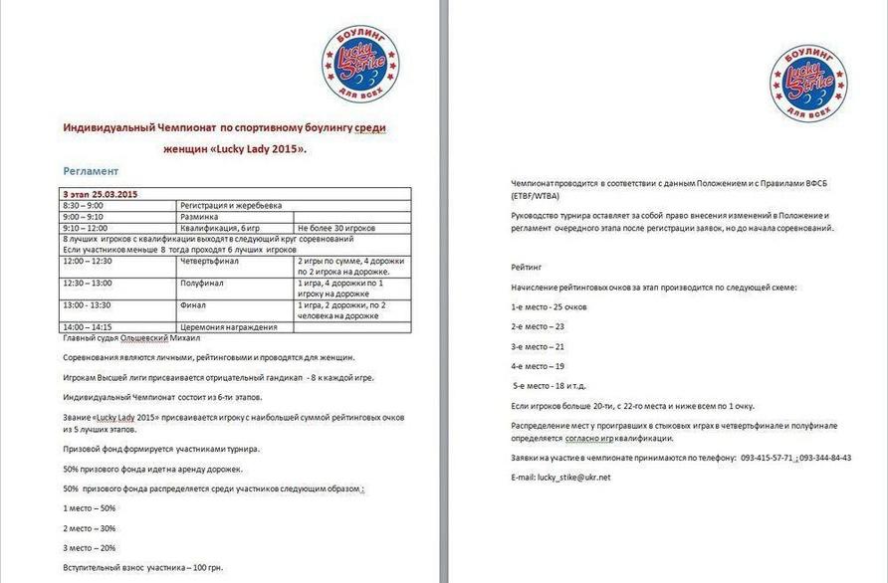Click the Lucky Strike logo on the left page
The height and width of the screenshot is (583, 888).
click(x=359, y=65)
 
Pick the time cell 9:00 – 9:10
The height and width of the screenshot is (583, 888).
click(x=83, y=216)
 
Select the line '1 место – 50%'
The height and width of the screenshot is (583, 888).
click(x=90, y=508)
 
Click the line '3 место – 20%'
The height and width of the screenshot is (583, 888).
click(x=90, y=547)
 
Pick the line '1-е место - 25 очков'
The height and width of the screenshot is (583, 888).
click(x=549, y=306)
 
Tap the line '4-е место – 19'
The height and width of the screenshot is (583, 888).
click(x=539, y=366)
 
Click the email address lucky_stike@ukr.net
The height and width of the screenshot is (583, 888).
click(x=573, y=477)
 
